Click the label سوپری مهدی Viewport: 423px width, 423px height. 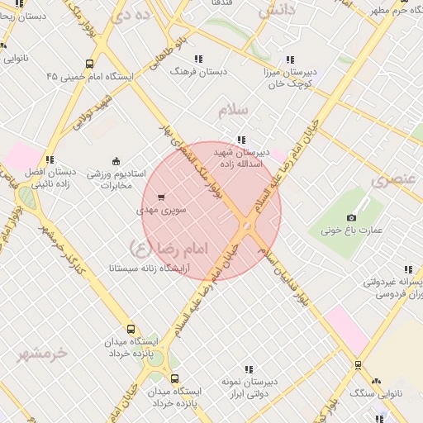[162, 211]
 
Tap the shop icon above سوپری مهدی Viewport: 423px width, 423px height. [160, 197]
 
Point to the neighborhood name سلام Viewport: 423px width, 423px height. [235, 110]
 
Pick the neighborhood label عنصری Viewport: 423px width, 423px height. [392, 179]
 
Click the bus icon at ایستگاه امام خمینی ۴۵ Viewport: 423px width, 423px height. [89, 64]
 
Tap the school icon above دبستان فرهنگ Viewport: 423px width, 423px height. [198, 59]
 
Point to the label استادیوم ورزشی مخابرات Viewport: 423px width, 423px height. [116, 180]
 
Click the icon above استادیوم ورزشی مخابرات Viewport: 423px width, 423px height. [116, 161]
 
